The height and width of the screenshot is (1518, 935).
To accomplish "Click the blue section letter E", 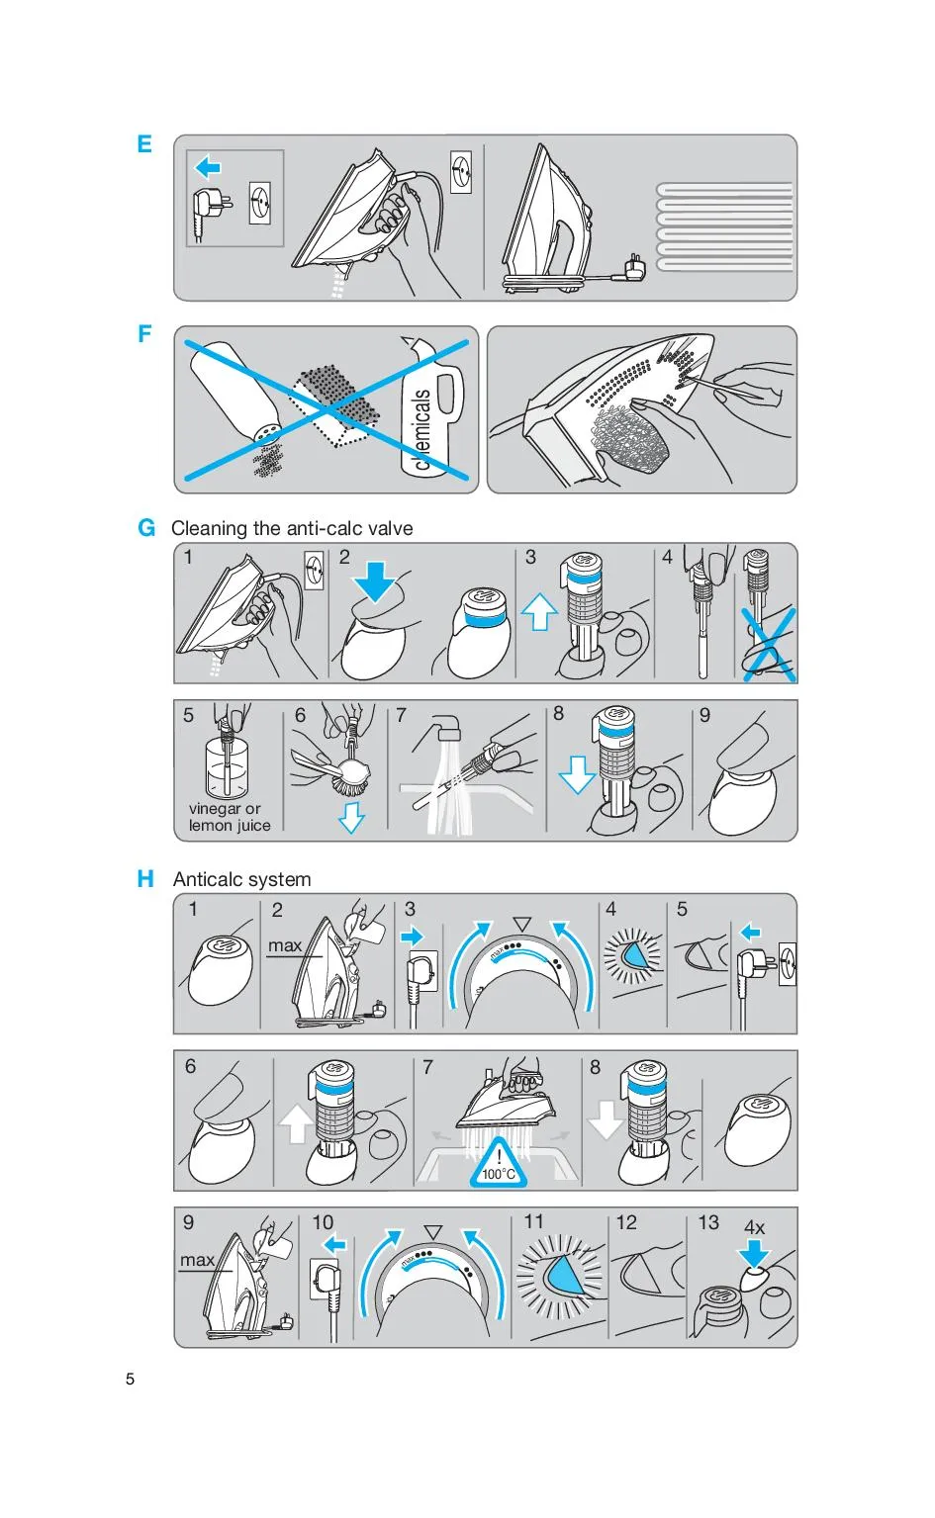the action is [x=143, y=143].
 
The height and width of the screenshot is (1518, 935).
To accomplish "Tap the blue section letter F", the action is [x=143, y=333].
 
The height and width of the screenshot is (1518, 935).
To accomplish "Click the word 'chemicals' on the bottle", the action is [x=421, y=429].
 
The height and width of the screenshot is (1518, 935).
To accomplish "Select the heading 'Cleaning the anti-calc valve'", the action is [x=292, y=528].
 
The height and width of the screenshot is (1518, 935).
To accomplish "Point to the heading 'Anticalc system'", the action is [x=241, y=879].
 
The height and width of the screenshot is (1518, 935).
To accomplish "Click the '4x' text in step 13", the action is [x=754, y=1227].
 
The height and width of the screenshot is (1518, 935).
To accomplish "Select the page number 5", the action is [x=131, y=1379].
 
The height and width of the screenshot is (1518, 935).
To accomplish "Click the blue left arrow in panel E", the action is [x=208, y=167].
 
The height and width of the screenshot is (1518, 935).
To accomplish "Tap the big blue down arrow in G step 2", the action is [x=375, y=581].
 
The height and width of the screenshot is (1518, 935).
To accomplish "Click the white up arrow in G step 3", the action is [x=539, y=611].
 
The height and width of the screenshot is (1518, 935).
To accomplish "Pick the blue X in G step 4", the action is [x=768, y=645].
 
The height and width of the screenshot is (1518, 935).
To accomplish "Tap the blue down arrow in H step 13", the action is [x=754, y=1253].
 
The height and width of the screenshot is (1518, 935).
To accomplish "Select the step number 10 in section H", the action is [x=323, y=1222].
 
